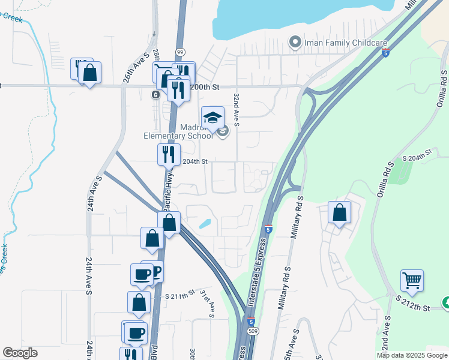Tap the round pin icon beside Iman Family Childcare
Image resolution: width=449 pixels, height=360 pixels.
[295, 42]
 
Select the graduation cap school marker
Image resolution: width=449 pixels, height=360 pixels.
[212, 118]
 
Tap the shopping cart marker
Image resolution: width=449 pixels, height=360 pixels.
[412, 281]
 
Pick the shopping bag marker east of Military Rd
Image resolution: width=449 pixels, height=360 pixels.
[339, 213]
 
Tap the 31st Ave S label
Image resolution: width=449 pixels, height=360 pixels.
[207, 303]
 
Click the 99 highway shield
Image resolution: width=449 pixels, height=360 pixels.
[180, 53]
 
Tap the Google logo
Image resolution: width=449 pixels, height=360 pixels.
[20, 353]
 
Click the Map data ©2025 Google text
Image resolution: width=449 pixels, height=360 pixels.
[412, 355]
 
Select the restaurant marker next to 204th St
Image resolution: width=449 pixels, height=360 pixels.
[169, 154]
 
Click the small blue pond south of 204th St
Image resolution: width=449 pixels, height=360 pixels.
[205, 224]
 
